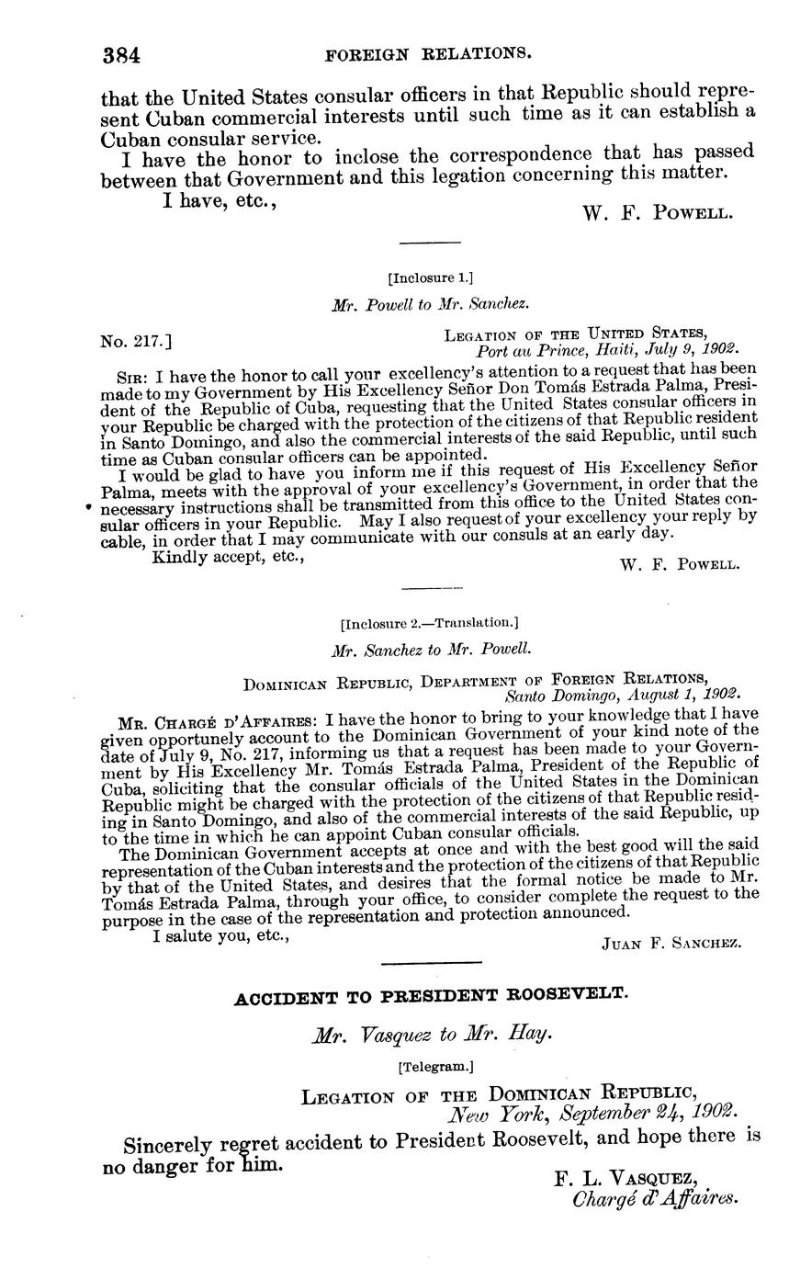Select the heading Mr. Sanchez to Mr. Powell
coord(431,649)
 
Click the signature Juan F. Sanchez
coord(671,943)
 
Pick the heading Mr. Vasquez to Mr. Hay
coord(432,1035)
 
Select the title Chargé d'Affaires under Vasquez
coord(655,1199)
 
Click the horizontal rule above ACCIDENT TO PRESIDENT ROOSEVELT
coord(431,963)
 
